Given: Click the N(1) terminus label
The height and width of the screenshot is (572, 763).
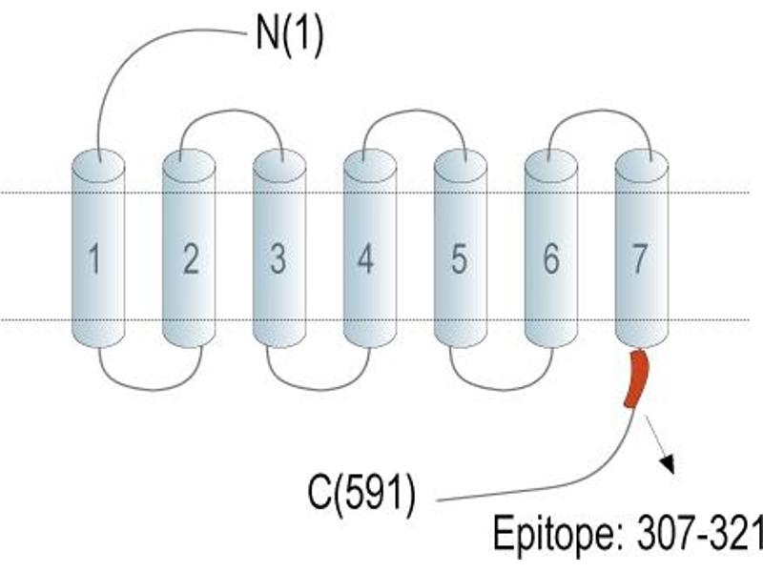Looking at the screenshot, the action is pyautogui.click(x=290, y=35).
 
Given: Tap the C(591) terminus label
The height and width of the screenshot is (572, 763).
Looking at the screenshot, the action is pyautogui.click(x=362, y=492).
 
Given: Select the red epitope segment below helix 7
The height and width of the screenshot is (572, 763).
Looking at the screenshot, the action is pyautogui.click(x=636, y=378).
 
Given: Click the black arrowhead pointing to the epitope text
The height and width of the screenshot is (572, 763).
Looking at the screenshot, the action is pyautogui.click(x=669, y=464).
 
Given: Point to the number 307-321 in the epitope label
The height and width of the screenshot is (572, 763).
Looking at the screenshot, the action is pyautogui.click(x=700, y=533).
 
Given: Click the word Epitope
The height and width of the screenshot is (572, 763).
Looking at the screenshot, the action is pyautogui.click(x=553, y=535).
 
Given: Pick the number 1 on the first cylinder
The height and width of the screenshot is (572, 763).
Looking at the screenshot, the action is pyautogui.click(x=94, y=258).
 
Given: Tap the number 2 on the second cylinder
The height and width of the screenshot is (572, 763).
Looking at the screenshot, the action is pyautogui.click(x=191, y=258).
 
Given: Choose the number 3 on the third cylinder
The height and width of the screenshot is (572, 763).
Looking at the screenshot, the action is pyautogui.click(x=278, y=258).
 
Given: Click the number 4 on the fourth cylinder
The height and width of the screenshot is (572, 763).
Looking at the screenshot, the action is pyautogui.click(x=365, y=258).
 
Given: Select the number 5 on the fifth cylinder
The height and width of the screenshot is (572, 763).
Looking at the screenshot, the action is pyautogui.click(x=459, y=258).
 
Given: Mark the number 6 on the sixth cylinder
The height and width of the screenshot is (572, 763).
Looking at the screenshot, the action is pyautogui.click(x=551, y=258).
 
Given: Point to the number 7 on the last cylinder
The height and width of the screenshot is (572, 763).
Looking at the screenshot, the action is pyautogui.click(x=639, y=258).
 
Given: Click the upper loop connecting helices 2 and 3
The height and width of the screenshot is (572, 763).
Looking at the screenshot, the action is pyautogui.click(x=232, y=111).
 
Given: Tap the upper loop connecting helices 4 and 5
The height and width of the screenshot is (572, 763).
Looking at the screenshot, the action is pyautogui.click(x=415, y=111).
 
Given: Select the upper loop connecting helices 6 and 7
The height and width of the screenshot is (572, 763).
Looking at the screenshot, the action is pyautogui.click(x=601, y=111).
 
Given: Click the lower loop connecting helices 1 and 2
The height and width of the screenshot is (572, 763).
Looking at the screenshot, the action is pyautogui.click(x=151, y=389).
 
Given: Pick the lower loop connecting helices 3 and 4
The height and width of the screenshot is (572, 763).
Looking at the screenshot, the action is pyautogui.click(x=319, y=389).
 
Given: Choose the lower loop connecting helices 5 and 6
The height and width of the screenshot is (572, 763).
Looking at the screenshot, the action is pyautogui.click(x=502, y=389).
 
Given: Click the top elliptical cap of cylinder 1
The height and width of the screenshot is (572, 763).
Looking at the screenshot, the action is pyautogui.click(x=98, y=166).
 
